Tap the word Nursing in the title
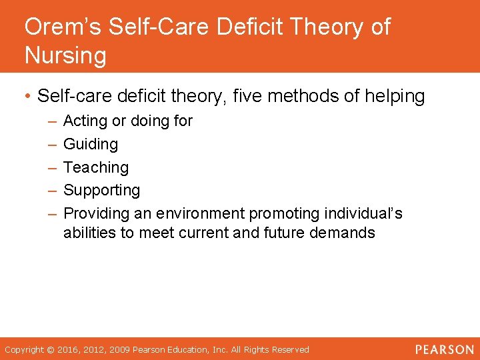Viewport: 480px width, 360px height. pyautogui.click(x=65, y=55)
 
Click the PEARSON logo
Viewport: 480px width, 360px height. pyautogui.click(x=444, y=349)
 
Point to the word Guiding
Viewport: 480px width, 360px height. pyautogui.click(x=91, y=144)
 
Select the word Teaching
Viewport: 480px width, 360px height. pyautogui.click(x=96, y=167)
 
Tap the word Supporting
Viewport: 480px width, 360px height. pyautogui.click(x=102, y=191)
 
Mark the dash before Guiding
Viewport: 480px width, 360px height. pyautogui.click(x=52, y=144)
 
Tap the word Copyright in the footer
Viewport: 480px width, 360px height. pyautogui.click(x=25, y=350)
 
